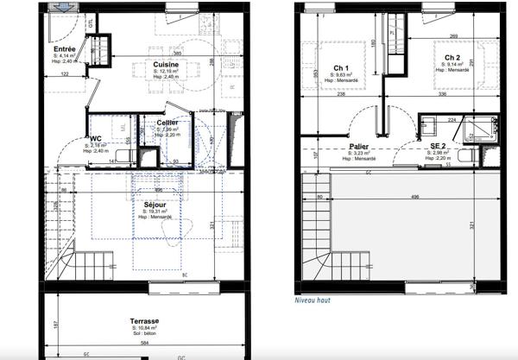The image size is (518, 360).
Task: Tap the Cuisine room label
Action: coord(167,65)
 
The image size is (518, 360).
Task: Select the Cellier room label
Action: coord(168,123)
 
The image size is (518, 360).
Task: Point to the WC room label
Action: coord(97,138)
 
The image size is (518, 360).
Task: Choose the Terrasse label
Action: coord(144,319)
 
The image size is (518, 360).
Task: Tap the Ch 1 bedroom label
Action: coord(340,68)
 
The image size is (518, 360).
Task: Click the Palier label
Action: coord(360,147)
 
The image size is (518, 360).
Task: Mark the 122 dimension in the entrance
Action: coord(66,74)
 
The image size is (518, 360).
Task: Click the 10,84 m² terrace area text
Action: coord(144,327)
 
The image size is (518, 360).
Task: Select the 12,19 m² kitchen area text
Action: coord(167,72)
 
